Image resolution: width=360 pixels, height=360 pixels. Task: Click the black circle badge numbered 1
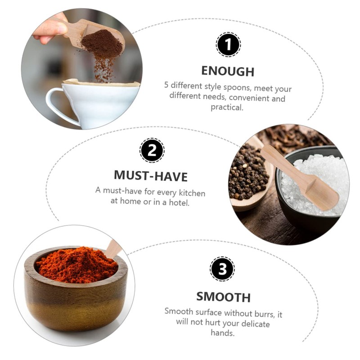click(228, 44)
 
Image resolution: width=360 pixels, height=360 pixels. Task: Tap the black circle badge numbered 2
click(152, 150)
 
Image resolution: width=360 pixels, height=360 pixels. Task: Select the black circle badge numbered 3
click(222, 269)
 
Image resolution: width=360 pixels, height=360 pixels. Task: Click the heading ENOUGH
click(228, 71)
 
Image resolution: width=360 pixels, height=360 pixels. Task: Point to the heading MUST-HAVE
click(151, 176)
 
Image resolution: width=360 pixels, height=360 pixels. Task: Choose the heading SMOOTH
click(223, 297)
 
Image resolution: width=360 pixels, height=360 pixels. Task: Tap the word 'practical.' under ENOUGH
click(227, 107)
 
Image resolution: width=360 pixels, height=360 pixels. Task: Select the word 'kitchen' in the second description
click(192, 193)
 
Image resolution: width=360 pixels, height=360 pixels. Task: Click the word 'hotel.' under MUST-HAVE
click(179, 202)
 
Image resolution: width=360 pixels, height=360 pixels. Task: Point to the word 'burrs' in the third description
click(262, 314)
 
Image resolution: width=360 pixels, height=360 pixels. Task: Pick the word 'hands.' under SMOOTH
click(223, 333)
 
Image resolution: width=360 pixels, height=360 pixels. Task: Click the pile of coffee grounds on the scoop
click(102, 44)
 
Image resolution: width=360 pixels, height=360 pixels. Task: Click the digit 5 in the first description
click(166, 85)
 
